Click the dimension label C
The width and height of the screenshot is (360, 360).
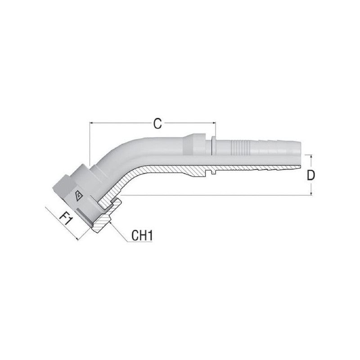[x=157, y=124]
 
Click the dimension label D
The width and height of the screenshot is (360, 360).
[x=310, y=175]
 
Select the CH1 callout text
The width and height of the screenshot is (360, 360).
[x=142, y=235]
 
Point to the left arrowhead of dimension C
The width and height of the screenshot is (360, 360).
[x=91, y=123]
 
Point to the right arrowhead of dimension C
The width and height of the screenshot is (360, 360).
[x=215, y=123]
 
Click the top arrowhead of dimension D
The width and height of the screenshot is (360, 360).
[x=311, y=156]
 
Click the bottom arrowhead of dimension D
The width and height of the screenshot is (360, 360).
[x=311, y=193]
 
